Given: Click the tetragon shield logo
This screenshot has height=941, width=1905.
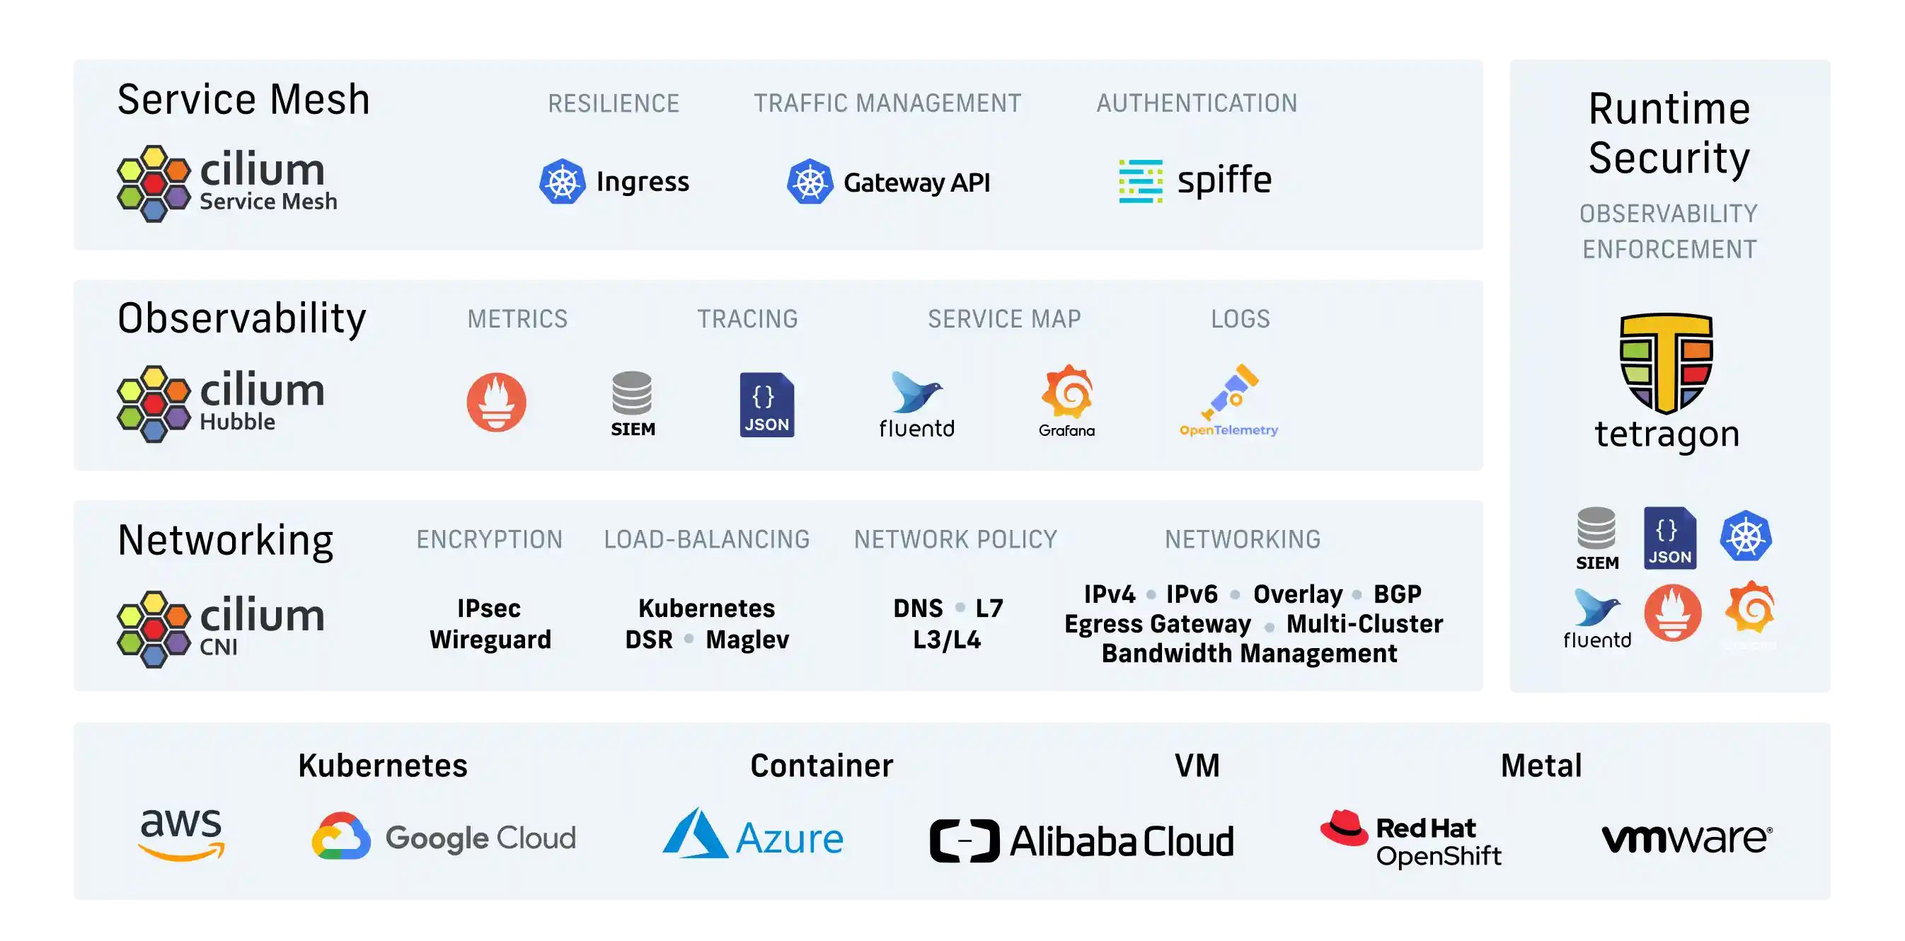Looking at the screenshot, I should tap(1666, 362).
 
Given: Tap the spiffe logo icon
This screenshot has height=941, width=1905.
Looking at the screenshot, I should tap(1140, 181).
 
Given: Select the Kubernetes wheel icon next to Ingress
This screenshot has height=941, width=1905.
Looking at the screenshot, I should tap(562, 182).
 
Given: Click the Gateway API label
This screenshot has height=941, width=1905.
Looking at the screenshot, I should tap(916, 183).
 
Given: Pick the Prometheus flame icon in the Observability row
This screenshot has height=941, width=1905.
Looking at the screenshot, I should tap(496, 402).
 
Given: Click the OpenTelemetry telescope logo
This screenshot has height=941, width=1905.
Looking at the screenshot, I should tap(1229, 392).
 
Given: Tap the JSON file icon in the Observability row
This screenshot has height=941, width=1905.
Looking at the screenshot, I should tap(767, 404).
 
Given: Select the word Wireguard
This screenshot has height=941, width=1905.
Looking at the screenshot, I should tap(490, 640).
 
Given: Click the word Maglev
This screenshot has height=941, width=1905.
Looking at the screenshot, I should tap(747, 640).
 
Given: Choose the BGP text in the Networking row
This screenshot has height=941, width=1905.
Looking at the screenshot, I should tap(1397, 594).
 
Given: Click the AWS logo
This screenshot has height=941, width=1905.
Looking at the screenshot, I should tap(181, 835).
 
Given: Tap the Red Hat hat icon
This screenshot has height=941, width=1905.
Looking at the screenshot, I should tap(1345, 828).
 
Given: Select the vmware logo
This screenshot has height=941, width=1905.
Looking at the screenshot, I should tap(1687, 839).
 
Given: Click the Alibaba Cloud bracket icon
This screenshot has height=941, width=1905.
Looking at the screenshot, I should tap(965, 841).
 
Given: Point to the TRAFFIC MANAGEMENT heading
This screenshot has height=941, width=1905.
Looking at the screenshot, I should tap(887, 103).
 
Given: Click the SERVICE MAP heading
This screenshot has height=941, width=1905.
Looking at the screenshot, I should tap(1003, 319).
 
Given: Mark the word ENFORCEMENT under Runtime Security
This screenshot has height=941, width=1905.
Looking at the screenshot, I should tap(1669, 250).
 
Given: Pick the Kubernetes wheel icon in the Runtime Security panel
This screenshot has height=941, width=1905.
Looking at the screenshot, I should tap(1745, 536).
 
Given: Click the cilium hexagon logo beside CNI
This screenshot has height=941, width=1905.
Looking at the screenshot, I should tap(154, 629).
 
